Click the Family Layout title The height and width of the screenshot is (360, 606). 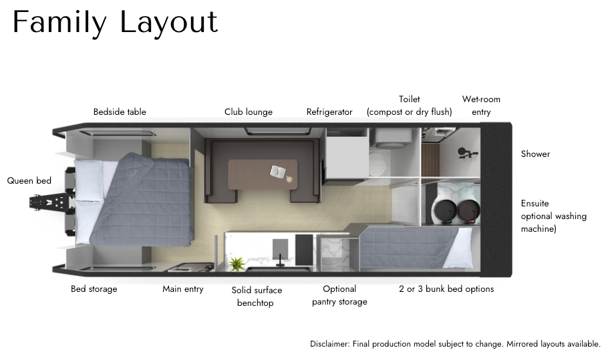[x=115, y=23]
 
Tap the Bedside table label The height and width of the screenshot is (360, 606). [x=120, y=112]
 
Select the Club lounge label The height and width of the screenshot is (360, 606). [x=249, y=112]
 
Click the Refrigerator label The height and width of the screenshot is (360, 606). [x=329, y=112]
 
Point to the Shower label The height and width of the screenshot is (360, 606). [x=535, y=154]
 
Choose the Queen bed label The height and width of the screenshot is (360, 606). [x=29, y=180]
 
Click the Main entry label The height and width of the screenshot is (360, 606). [x=183, y=289]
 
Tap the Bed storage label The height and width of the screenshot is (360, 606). [x=94, y=289]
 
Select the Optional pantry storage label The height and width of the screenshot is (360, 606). [x=339, y=295]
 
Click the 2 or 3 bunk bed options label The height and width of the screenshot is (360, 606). [x=446, y=289]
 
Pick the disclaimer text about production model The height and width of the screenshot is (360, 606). [x=455, y=344]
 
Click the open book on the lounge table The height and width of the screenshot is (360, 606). [x=277, y=172]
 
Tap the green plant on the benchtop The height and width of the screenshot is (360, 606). [x=235, y=264]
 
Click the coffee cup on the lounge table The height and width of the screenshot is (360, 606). [x=289, y=179]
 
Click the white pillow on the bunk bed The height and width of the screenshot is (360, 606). [x=458, y=248]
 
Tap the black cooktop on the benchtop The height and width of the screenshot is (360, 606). [x=304, y=250]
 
